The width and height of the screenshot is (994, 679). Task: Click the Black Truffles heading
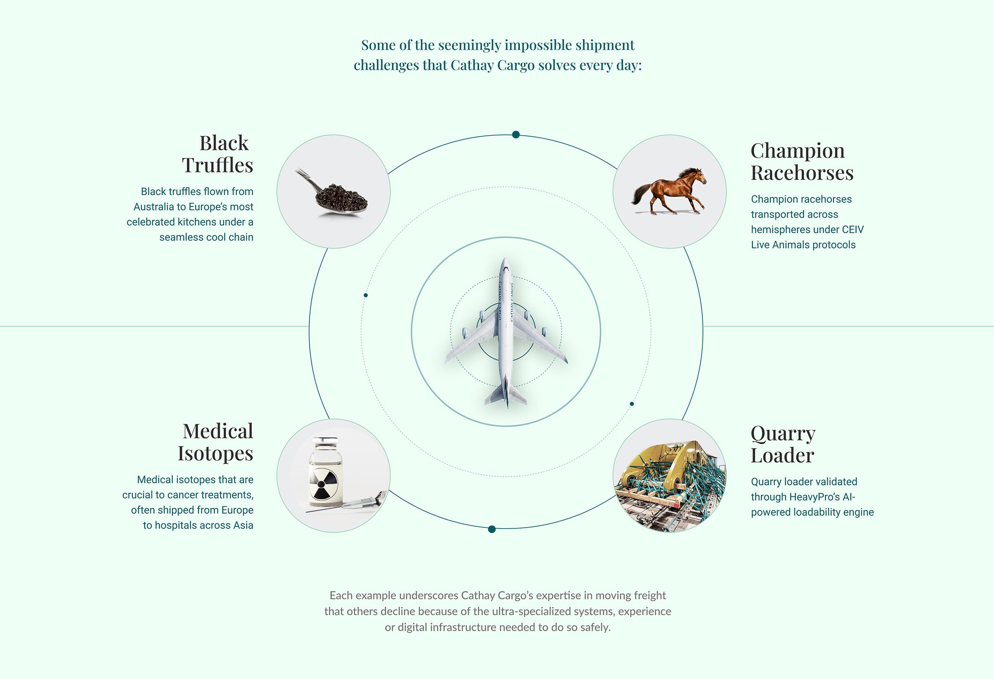coord(218,154)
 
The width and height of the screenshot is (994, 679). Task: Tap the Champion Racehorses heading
coord(802,162)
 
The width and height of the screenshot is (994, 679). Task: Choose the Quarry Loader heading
coord(783,444)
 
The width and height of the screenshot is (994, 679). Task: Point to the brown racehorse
coord(669,191)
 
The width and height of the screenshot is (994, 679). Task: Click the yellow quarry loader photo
coord(670,476)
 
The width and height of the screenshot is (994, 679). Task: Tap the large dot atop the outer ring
coord(516,135)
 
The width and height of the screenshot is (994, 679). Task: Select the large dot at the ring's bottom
coord(492,529)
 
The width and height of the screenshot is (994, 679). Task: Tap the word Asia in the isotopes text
coord(244,525)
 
